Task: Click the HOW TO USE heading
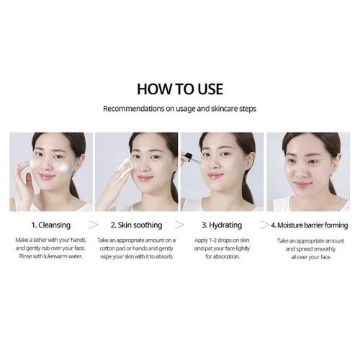tap(180, 89)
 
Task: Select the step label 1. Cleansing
tap(51, 225)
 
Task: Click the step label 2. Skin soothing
tap(136, 225)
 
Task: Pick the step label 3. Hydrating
tap(222, 225)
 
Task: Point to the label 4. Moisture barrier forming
tap(310, 225)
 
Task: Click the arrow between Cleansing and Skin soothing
tap(94, 225)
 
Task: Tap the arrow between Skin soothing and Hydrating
tap(180, 225)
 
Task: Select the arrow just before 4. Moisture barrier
tap(265, 225)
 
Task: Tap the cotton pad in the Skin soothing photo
tap(125, 164)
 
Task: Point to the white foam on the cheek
tap(63, 167)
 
